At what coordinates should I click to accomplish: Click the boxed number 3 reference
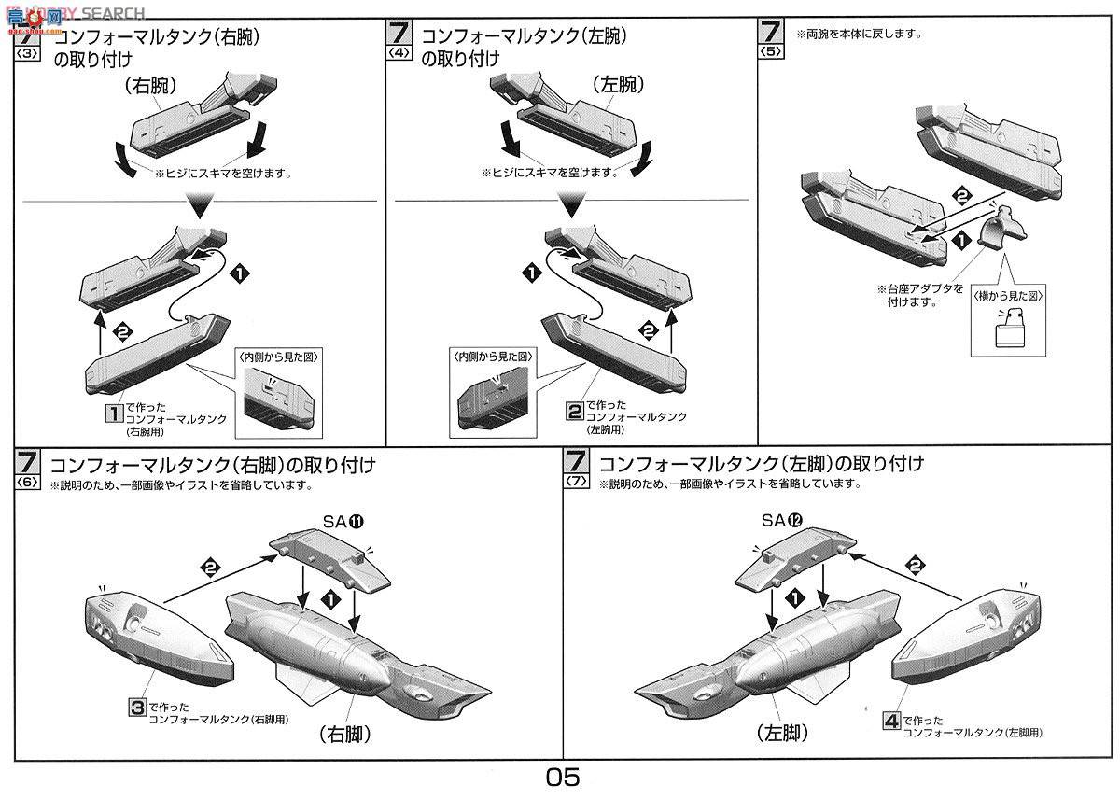click(x=136, y=708)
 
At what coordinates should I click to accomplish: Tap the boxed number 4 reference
click(x=891, y=721)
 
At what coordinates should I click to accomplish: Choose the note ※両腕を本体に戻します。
click(x=858, y=35)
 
